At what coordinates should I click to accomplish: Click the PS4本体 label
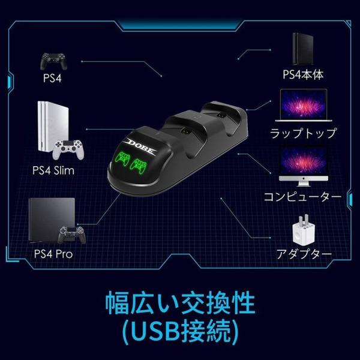coord(304,75)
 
